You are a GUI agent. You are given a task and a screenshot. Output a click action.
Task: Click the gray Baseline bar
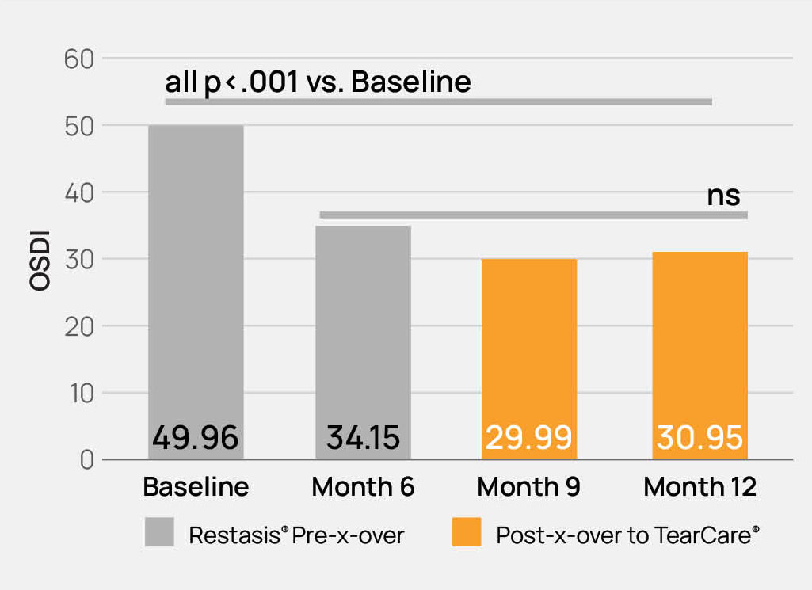(x=196, y=292)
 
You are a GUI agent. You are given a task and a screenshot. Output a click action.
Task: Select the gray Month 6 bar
(x=363, y=342)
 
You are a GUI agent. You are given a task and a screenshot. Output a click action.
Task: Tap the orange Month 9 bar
(x=528, y=359)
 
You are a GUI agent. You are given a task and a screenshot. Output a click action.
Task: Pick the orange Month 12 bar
(x=700, y=356)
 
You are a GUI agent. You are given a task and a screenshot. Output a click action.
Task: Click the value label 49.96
(x=195, y=438)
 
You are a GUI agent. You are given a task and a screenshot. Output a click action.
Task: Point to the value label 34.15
(x=363, y=438)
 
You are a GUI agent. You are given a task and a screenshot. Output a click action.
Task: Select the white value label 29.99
(x=528, y=438)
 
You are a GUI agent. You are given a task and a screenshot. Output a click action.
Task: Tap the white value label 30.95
(x=700, y=438)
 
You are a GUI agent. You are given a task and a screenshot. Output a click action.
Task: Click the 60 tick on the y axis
(x=79, y=59)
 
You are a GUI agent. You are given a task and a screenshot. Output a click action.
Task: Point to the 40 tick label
(x=79, y=193)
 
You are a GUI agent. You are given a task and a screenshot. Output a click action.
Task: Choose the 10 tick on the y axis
(x=82, y=394)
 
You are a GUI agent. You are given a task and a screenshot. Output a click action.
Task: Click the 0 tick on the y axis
(x=87, y=460)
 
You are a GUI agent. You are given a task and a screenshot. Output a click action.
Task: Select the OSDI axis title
(x=40, y=261)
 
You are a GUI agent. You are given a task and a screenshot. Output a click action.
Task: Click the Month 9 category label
(x=528, y=487)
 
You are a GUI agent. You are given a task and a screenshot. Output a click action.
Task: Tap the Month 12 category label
(x=700, y=487)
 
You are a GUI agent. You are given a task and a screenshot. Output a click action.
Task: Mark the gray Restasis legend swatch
(x=159, y=532)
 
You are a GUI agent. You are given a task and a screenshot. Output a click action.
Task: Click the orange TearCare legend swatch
(x=467, y=532)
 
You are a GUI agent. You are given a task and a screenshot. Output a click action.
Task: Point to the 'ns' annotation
(x=723, y=196)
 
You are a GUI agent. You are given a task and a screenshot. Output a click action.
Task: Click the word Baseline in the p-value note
(x=411, y=82)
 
